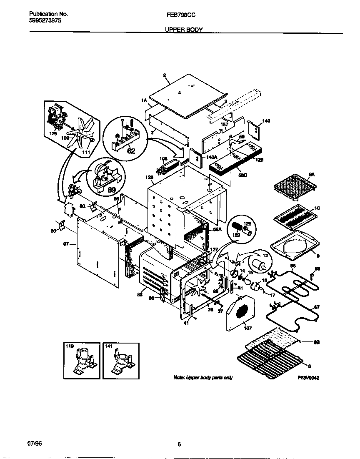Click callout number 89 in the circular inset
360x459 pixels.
coord(112,190)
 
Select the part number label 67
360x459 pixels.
coord(317,307)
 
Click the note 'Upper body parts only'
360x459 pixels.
coord(203,378)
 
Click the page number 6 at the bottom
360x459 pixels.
coord(179,444)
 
